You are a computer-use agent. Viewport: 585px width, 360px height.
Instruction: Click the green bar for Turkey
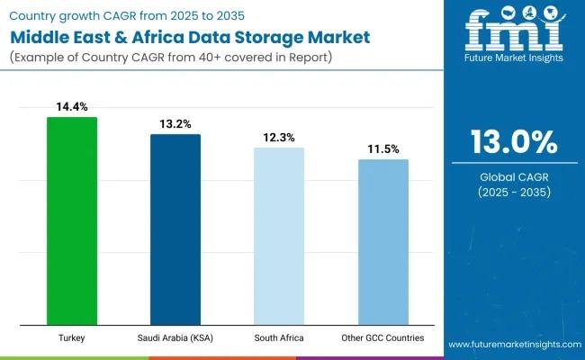(72, 220)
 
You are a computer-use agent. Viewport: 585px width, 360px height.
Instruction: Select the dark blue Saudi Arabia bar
(175, 229)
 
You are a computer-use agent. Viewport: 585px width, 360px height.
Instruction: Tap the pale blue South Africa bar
(279, 236)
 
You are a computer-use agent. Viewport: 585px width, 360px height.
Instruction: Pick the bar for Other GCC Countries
(382, 241)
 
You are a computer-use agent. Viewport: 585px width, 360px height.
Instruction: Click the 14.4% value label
(72, 107)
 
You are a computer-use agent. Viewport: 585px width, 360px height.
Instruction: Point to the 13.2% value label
(175, 124)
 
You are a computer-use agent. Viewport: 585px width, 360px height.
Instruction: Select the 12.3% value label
(279, 138)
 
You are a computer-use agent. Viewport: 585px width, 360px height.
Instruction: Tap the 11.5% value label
(382, 149)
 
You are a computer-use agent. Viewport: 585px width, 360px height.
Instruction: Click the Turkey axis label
(72, 337)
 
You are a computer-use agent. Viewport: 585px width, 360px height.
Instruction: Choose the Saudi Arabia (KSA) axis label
(175, 337)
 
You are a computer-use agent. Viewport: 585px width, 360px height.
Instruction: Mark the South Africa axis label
(279, 337)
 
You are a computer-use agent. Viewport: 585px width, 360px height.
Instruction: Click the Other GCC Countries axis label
(382, 337)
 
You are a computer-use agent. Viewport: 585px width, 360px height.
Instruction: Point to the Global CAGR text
(512, 176)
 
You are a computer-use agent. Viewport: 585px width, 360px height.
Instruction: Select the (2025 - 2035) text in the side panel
(512, 193)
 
